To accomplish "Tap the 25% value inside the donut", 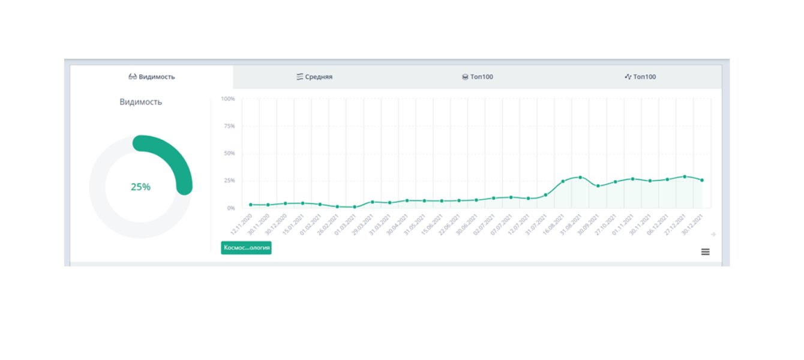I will click(x=140, y=187).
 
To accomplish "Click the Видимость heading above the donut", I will click(x=140, y=102).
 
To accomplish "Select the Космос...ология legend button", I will click(x=246, y=248).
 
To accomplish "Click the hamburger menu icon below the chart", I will click(x=705, y=252).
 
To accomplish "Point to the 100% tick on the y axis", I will click(x=228, y=98).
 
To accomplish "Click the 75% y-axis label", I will click(x=229, y=126).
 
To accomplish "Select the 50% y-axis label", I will click(x=229, y=153).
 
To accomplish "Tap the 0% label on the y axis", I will click(x=230, y=208).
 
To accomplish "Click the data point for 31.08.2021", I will click(x=580, y=178).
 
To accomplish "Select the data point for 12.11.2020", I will click(x=251, y=205).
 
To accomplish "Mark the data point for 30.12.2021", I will click(x=702, y=180).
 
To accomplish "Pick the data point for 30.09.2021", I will click(x=598, y=186).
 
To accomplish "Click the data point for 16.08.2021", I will click(x=563, y=181).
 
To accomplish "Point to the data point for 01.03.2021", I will click(x=355, y=207).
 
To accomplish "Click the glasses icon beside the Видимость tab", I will click(x=133, y=77).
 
